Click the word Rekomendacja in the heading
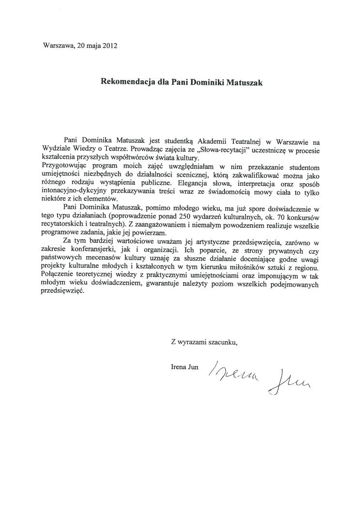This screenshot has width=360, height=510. point(124,82)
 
